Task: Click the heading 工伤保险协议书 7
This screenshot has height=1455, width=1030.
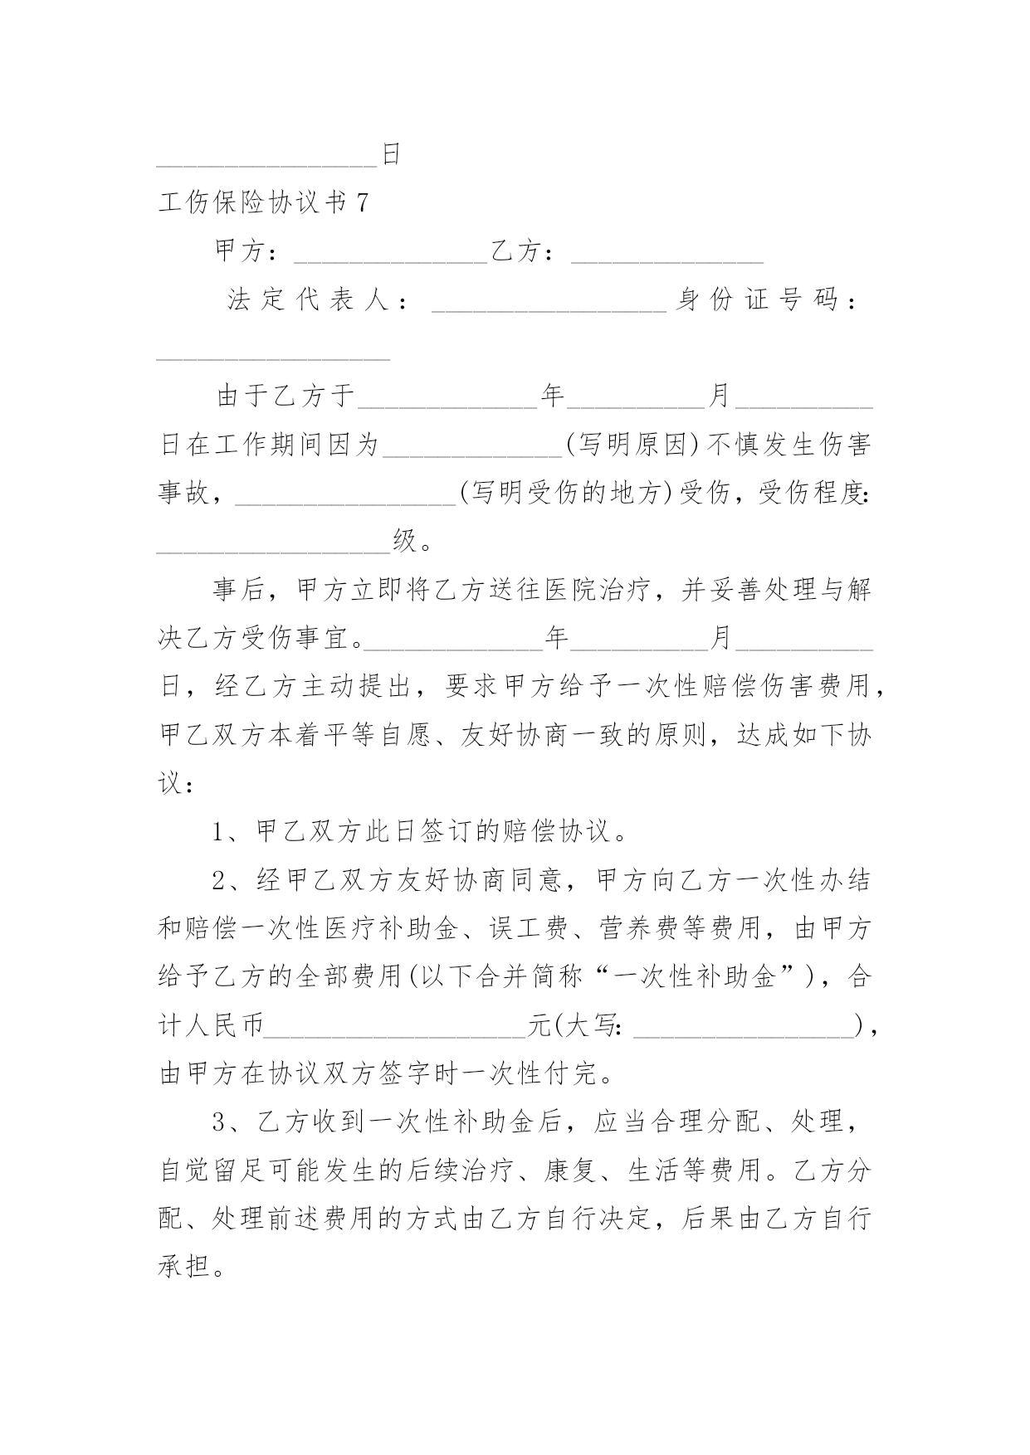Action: [x=263, y=202]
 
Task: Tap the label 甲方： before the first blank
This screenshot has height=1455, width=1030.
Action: [x=247, y=251]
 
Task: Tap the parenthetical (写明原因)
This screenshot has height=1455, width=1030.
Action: [x=636, y=445]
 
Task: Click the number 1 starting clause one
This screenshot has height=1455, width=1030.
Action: [x=220, y=832]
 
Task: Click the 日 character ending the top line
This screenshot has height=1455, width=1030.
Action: [x=391, y=154]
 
